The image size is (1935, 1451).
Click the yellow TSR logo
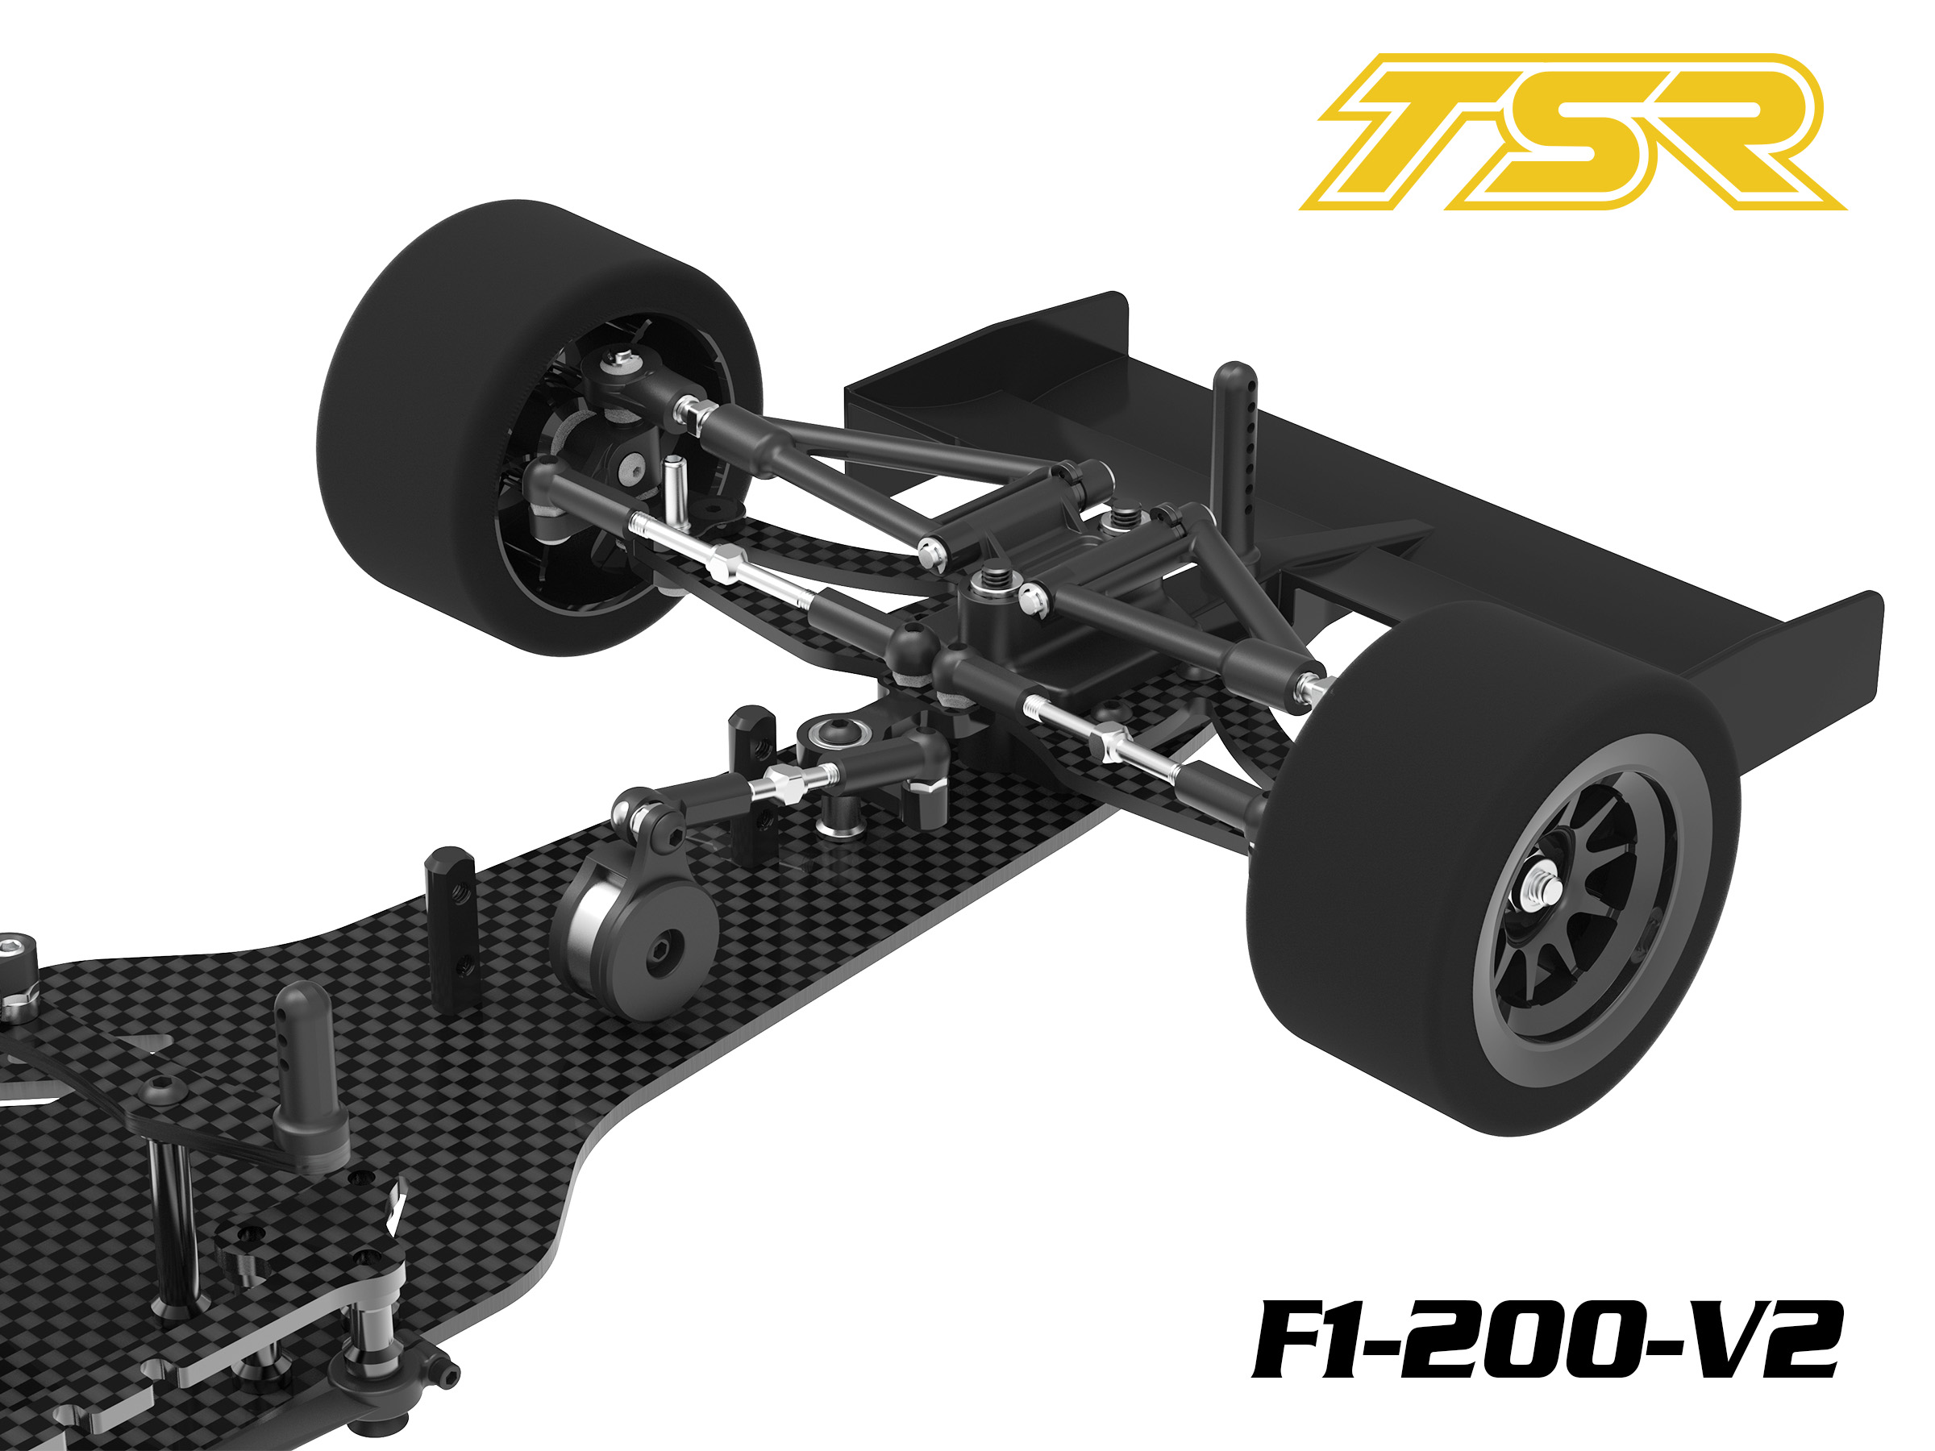[1572, 132]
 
